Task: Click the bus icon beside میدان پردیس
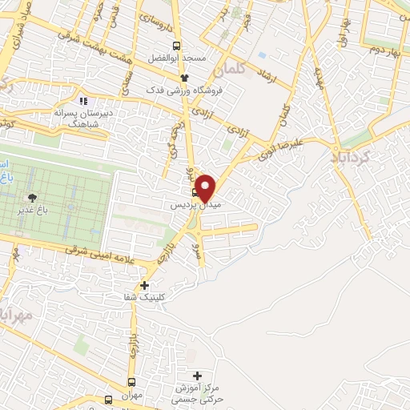point(195,192)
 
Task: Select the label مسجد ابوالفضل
point(185,58)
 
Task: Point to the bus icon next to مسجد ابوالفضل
point(177,46)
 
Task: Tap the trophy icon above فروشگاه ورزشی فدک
point(185,78)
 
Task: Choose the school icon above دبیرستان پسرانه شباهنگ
point(83,102)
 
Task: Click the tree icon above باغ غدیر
point(32,198)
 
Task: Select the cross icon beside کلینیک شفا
point(144,285)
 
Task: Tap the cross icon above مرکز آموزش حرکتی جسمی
point(198,375)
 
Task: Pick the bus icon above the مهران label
point(132,383)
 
